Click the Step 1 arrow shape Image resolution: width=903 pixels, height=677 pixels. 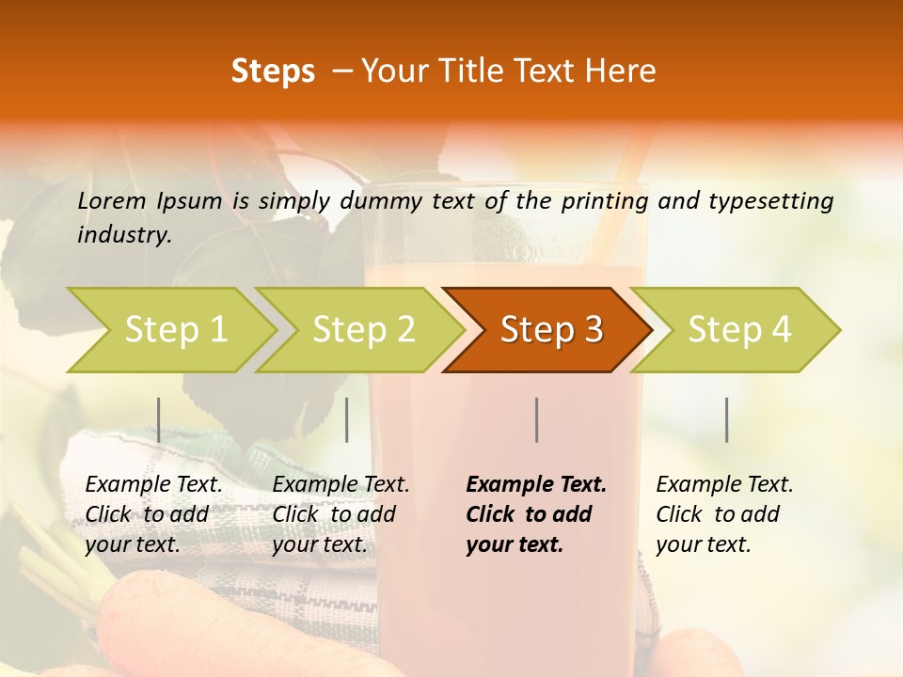point(175,330)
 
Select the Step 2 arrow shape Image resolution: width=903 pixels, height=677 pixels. point(363,330)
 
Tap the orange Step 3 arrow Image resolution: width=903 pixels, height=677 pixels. point(550,330)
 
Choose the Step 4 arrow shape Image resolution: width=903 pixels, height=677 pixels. point(738,330)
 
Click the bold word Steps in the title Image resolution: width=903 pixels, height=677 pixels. point(273,71)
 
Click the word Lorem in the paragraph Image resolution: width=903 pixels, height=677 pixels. point(111,200)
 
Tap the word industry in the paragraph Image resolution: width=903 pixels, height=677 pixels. point(123,234)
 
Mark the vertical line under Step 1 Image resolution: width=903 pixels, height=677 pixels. point(159,419)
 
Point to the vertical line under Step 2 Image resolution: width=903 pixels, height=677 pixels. point(347,419)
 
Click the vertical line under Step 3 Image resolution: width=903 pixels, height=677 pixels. point(537,419)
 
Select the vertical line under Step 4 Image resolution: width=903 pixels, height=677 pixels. point(727,419)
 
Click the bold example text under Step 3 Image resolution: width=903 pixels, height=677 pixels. point(535,514)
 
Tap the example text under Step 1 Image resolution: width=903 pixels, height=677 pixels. point(153,514)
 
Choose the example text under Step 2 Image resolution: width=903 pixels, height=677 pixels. point(341,514)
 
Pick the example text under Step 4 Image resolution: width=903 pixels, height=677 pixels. point(724,514)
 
